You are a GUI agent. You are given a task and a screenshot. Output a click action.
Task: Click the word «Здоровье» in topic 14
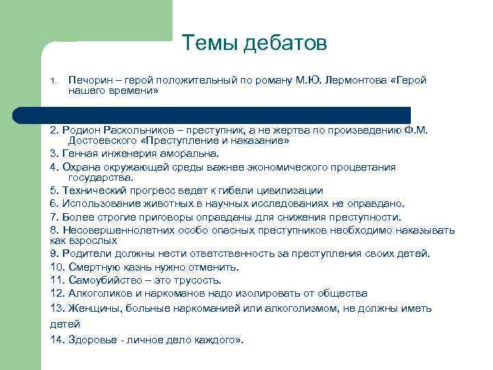pos(89,339)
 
